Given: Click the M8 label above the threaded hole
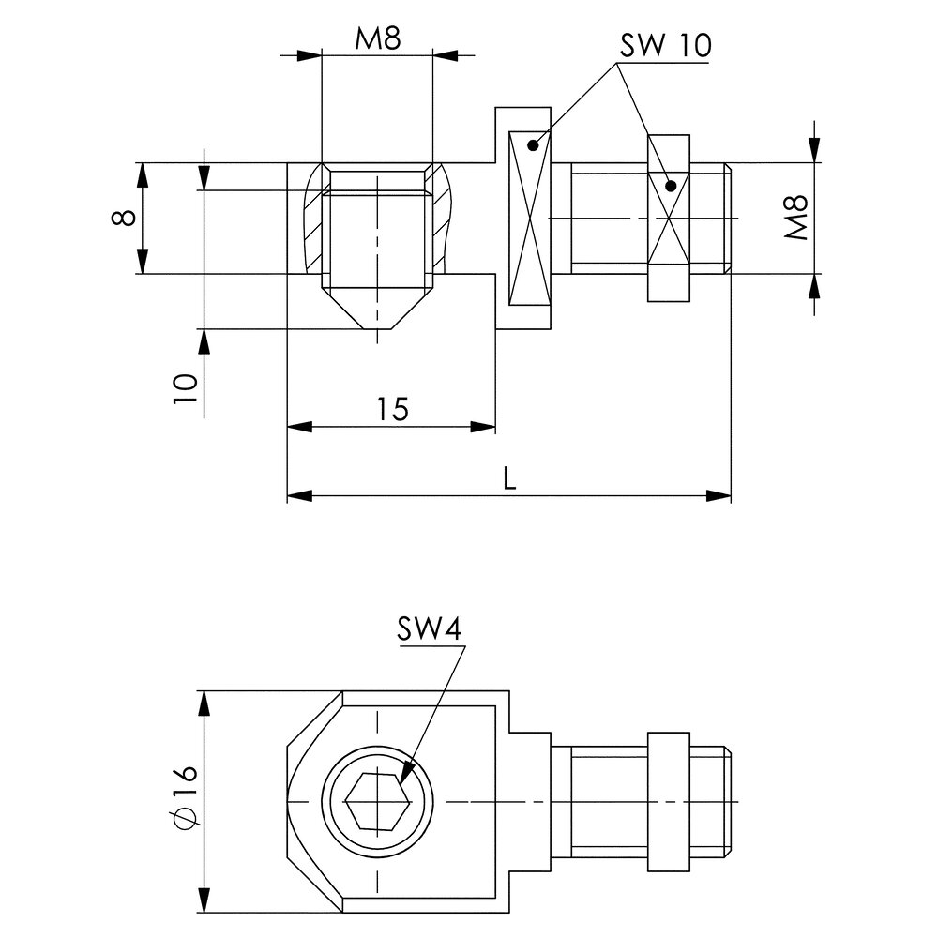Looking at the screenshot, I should click(x=377, y=40).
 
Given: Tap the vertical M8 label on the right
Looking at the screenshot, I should click(x=796, y=219).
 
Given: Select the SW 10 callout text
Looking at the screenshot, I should click(x=666, y=46).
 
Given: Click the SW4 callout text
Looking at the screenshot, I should click(x=429, y=629).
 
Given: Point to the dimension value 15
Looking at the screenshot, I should click(x=393, y=409).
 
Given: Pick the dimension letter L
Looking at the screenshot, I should click(x=507, y=478).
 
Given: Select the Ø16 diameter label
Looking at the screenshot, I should click(x=186, y=797).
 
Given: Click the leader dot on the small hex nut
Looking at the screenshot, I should click(x=670, y=185).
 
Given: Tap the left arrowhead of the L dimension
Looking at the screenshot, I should click(x=296, y=494).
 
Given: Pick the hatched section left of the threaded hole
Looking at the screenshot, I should click(x=312, y=220).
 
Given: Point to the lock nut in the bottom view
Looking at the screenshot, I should click(x=670, y=801).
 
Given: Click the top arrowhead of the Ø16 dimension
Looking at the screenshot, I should click(x=204, y=703).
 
